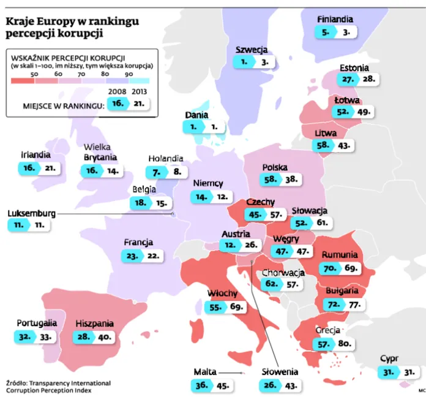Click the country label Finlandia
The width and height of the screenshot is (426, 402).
tap(335, 20)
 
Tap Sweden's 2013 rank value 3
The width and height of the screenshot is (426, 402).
tap(264, 62)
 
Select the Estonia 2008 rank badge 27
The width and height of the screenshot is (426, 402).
tap(348, 79)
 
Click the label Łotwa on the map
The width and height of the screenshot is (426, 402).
tap(347, 100)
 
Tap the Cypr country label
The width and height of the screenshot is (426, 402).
tap(389, 359)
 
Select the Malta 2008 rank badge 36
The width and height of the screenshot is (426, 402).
tap(201, 385)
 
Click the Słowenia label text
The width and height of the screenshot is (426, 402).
tap(280, 372)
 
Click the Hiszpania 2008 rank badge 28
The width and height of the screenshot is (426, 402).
tap(83, 336)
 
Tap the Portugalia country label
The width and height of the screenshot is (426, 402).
tap(37, 323)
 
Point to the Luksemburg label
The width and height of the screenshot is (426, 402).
tap(31, 213)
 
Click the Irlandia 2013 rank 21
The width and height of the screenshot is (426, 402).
tap(50, 167)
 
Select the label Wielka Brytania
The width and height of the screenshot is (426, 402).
tap(101, 153)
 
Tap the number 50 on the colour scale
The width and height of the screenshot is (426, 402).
tap(34, 74)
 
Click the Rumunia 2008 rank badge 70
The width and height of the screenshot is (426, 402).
tap(330, 268)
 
